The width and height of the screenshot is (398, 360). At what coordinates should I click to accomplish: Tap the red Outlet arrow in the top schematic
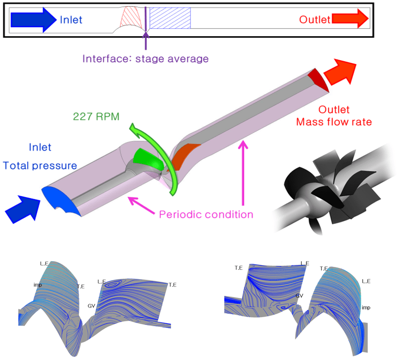[x=350, y=19]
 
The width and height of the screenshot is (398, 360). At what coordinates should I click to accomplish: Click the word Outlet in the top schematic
[x=315, y=20]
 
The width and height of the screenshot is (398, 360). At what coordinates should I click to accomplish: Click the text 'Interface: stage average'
[x=145, y=59]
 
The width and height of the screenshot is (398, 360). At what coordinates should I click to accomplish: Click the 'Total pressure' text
[x=40, y=166]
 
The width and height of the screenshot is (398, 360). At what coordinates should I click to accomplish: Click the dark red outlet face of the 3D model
[x=318, y=79]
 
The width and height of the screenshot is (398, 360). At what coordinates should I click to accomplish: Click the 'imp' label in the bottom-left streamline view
[x=37, y=285]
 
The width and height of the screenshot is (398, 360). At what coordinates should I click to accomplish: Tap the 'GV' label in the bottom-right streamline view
[x=300, y=296]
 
